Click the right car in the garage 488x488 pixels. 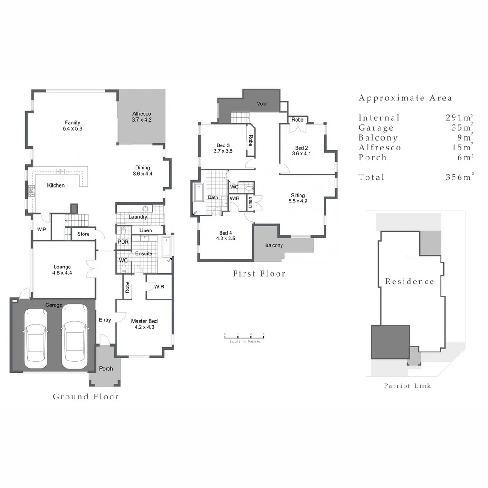74,337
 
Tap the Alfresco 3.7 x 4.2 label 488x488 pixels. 141,117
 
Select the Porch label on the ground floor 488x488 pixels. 106,369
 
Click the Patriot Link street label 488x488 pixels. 407,386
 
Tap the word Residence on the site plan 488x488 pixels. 409,282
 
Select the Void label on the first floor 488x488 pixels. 262,104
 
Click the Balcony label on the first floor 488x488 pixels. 274,246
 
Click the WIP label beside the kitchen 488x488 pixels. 41,230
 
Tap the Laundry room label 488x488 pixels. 138,217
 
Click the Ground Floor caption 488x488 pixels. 86,397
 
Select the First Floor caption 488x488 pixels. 259,273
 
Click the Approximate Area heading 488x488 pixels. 405,98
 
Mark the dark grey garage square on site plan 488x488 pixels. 390,342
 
